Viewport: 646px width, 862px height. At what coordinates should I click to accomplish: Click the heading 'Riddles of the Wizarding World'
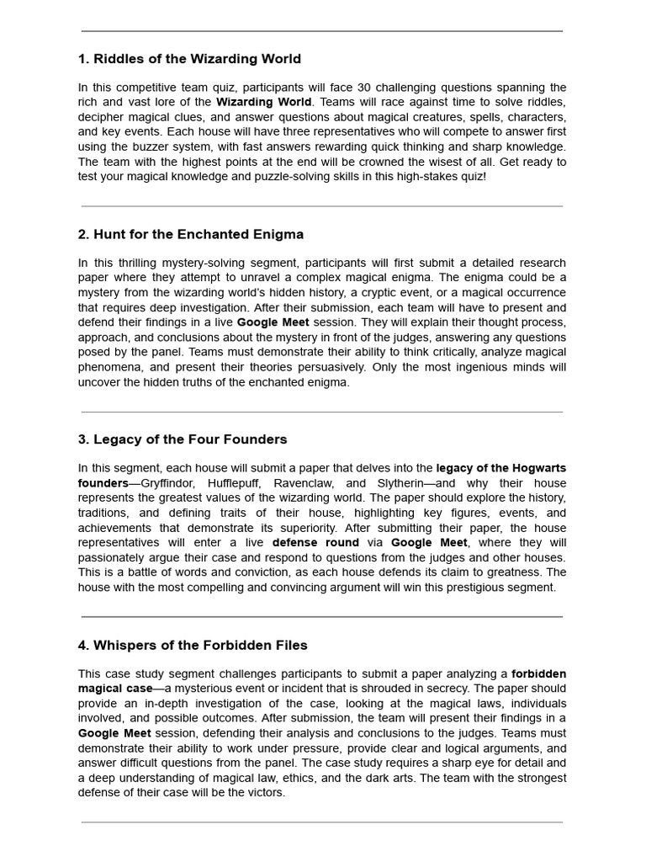(189, 59)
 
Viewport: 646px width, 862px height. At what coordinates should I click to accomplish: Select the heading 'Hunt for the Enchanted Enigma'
(191, 234)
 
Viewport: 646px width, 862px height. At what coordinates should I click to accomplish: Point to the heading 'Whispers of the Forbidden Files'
(193, 645)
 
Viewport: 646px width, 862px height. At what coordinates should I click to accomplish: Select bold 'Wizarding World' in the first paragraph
(260, 102)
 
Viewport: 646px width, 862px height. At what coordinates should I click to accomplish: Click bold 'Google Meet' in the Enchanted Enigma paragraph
(273, 322)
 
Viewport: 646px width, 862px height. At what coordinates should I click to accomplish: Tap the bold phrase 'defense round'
(315, 542)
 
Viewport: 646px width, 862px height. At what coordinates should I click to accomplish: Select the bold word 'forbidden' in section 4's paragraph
(538, 673)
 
